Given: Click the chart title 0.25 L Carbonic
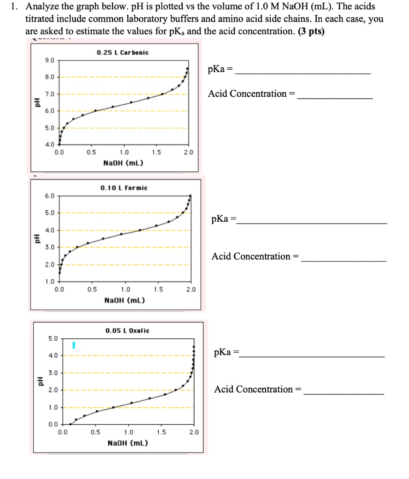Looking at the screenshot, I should coord(123,52).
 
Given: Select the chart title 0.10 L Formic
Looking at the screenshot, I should coord(124,188).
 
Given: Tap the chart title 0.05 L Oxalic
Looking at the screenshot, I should coord(127,330).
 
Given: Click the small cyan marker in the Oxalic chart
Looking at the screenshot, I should coord(73,345).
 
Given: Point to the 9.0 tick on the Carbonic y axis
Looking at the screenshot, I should coord(49,60).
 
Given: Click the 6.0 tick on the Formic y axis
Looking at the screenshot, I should coord(49,196).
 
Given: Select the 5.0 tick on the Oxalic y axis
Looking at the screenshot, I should coord(53,338).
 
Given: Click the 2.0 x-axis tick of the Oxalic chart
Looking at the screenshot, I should coord(194,432).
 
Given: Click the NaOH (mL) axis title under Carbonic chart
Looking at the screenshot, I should coord(124,163).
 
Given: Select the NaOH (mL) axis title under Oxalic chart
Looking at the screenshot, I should coord(128,443).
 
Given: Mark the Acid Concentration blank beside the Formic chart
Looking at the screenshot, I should coord(344,260).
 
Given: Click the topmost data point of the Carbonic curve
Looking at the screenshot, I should coord(188,68).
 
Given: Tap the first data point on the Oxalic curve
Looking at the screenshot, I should coord(70,424).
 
